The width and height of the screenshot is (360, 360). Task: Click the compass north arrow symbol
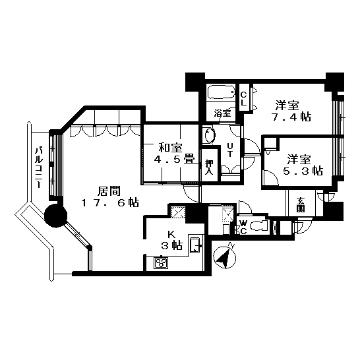click(225, 256)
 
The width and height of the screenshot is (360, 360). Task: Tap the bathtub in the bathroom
click(221, 92)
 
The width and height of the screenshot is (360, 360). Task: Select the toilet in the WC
click(259, 225)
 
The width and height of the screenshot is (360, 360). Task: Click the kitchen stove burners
click(161, 262)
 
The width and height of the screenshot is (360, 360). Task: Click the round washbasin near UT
click(210, 135)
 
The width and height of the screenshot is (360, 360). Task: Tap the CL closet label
click(244, 99)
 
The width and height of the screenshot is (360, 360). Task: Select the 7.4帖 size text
click(291, 117)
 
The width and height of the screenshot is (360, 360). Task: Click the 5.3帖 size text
click(303, 171)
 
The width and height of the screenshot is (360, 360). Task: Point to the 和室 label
click(171, 148)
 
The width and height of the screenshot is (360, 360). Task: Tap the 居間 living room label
click(109, 191)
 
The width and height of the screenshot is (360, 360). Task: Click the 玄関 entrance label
click(300, 204)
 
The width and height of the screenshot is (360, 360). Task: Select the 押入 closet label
click(209, 167)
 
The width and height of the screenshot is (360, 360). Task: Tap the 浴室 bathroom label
click(222, 113)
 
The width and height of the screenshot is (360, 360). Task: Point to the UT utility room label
click(230, 150)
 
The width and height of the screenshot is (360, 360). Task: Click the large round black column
click(55, 216)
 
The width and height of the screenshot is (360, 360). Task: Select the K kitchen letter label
click(171, 235)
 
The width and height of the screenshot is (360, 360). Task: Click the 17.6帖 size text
click(110, 202)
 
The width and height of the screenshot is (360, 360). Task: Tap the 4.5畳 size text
click(174, 159)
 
